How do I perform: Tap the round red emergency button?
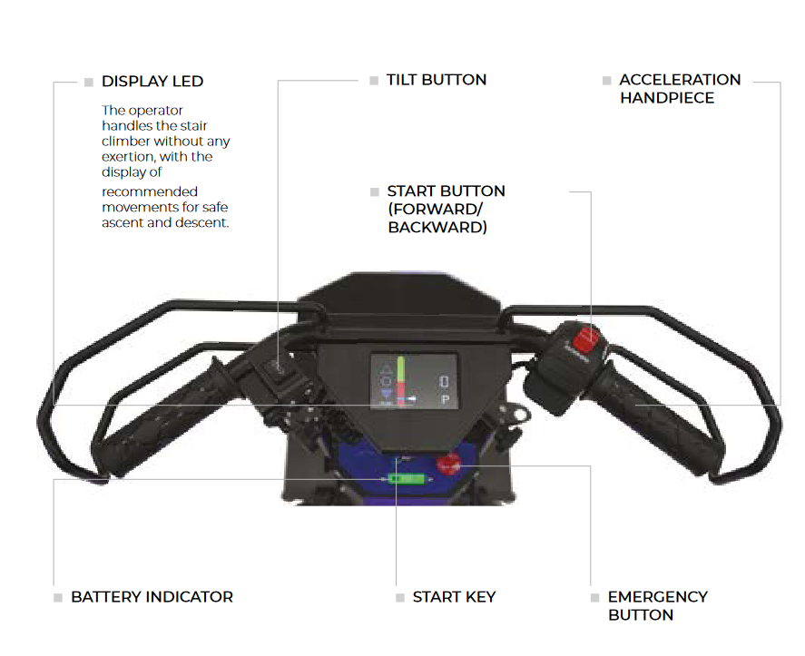coord(447,465)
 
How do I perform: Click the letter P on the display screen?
coord(445,399)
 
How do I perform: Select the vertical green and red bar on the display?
coord(398,378)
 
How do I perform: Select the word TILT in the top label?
coord(402,80)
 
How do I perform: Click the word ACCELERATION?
coord(680,80)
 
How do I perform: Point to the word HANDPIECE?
coord(667,98)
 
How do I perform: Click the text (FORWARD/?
coord(435,210)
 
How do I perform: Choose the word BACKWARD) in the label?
coord(437,228)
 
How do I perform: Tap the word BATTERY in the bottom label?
coord(103,597)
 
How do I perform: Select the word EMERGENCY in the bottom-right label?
coord(657,597)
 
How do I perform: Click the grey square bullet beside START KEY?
coord(400,598)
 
